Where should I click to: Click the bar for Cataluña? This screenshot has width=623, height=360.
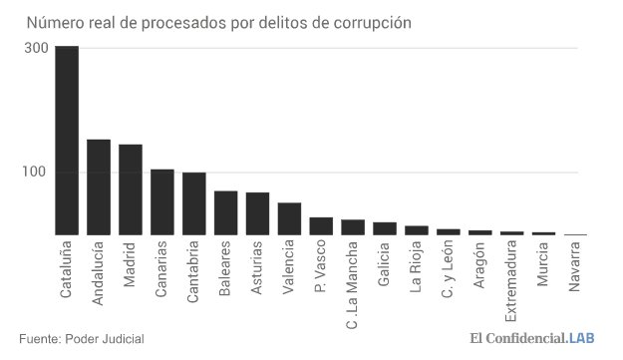(67, 141)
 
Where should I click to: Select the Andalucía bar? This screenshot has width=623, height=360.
(99, 187)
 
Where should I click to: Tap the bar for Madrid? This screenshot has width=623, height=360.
(131, 189)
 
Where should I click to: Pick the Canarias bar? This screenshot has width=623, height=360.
(162, 202)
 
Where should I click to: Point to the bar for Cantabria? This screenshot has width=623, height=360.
(194, 203)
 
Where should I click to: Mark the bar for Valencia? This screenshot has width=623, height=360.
(290, 219)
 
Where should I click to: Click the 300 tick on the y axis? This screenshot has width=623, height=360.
(36, 48)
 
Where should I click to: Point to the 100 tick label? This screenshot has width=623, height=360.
(36, 173)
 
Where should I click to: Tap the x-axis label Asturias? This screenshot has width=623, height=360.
(258, 264)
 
